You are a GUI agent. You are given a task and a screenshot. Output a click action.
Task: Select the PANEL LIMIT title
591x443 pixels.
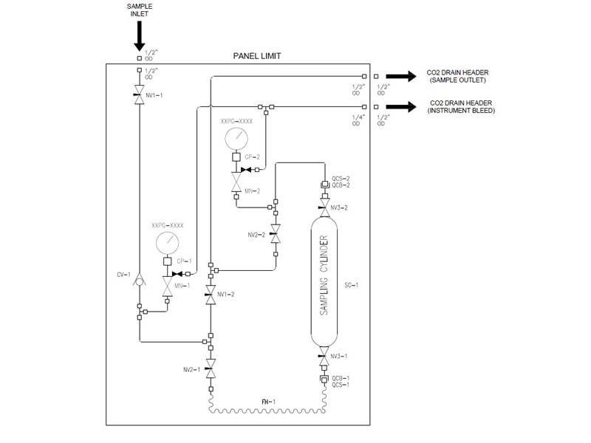pyautogui.click(x=256, y=56)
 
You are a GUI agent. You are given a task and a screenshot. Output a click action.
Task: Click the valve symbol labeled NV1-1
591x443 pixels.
pyautogui.click(x=140, y=94)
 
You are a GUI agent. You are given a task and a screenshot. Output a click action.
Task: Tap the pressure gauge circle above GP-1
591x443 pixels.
pyautogui.click(x=167, y=243)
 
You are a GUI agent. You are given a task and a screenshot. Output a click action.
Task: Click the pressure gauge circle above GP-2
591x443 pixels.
pyautogui.click(x=236, y=137)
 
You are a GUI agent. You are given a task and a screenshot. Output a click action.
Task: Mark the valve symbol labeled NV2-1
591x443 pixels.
pyautogui.click(x=211, y=368)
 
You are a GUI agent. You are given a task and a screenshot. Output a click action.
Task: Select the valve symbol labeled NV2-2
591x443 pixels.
pyautogui.click(x=276, y=234)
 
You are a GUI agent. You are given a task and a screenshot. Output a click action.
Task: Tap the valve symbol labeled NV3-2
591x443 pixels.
pyautogui.click(x=324, y=202)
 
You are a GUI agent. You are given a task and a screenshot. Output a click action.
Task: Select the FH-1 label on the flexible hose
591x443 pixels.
pyautogui.click(x=268, y=401)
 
